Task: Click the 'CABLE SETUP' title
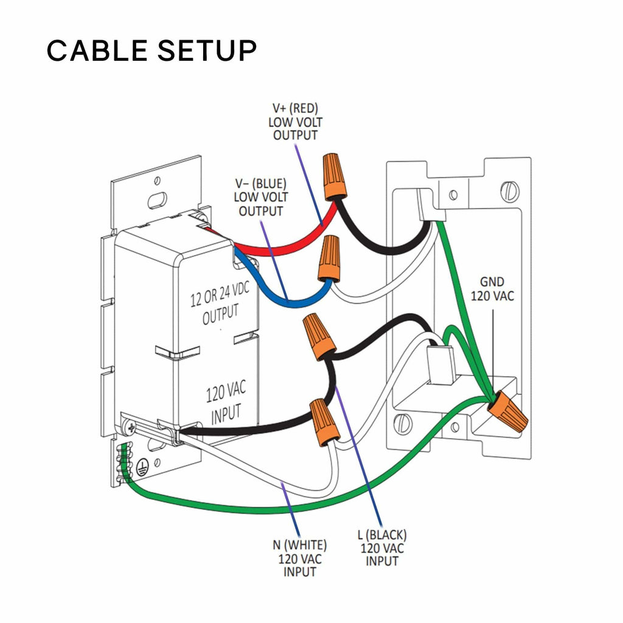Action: pos(151,50)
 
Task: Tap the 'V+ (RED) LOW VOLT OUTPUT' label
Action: pos(294,122)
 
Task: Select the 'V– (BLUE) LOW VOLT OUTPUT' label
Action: pos(260,197)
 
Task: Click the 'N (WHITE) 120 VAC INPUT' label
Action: pos(299,558)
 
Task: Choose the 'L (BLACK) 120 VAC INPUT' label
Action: pos(382,547)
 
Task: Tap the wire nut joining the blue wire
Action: pos(329,258)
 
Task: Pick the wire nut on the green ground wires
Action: pos(506,411)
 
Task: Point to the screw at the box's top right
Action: pos(510,192)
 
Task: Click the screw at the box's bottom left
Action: pos(401,422)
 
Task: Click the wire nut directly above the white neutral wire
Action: pos(324,421)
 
